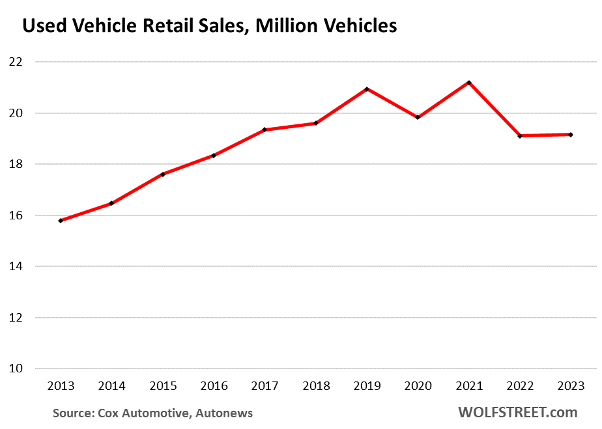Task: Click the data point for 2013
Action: click(61, 221)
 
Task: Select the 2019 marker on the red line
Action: click(367, 89)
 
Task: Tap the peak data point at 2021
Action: click(469, 83)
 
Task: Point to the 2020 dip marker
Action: click(418, 117)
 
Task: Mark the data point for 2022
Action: click(520, 136)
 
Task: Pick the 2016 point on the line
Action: click(214, 156)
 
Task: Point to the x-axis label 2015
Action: click(163, 386)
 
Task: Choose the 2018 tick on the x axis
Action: click(316, 386)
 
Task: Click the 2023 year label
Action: click(571, 386)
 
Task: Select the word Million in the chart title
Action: click(269, 26)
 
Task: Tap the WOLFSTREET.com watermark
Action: click(517, 412)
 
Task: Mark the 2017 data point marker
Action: click(265, 130)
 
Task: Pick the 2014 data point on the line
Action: click(111, 203)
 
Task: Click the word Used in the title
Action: click(42, 26)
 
